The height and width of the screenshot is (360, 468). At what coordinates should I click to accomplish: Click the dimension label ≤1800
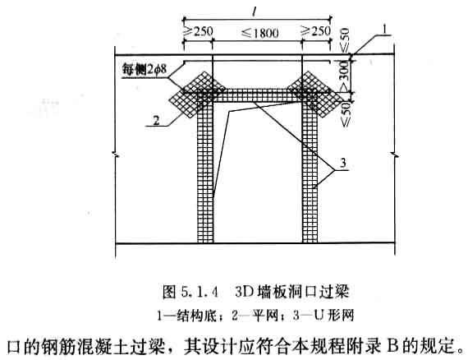click(260, 33)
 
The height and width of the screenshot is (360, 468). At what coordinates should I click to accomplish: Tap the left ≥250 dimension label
click(198, 31)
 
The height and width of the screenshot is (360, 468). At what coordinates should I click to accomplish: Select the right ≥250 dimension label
click(316, 30)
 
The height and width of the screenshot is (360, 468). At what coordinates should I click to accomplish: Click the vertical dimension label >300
click(345, 76)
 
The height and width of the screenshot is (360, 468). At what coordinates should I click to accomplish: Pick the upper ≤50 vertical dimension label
click(345, 39)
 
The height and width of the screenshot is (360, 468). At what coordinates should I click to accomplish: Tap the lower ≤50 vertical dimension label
click(346, 114)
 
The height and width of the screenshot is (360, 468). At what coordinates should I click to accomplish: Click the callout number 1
click(385, 30)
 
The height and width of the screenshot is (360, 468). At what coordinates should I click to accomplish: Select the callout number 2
click(156, 120)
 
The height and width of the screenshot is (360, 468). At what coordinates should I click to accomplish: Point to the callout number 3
click(343, 163)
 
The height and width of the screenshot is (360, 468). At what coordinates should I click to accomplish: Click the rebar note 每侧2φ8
click(145, 69)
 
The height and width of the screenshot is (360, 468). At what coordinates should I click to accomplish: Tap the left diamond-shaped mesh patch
click(197, 94)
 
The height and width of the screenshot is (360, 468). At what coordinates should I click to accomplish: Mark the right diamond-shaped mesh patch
click(316, 94)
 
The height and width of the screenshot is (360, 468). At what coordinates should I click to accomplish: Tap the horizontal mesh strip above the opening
click(258, 95)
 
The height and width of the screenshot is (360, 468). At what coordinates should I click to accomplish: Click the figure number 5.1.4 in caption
click(200, 292)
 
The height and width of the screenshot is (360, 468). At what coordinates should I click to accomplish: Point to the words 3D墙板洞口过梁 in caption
click(292, 291)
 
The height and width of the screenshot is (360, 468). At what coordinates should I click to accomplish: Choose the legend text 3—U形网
click(323, 315)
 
